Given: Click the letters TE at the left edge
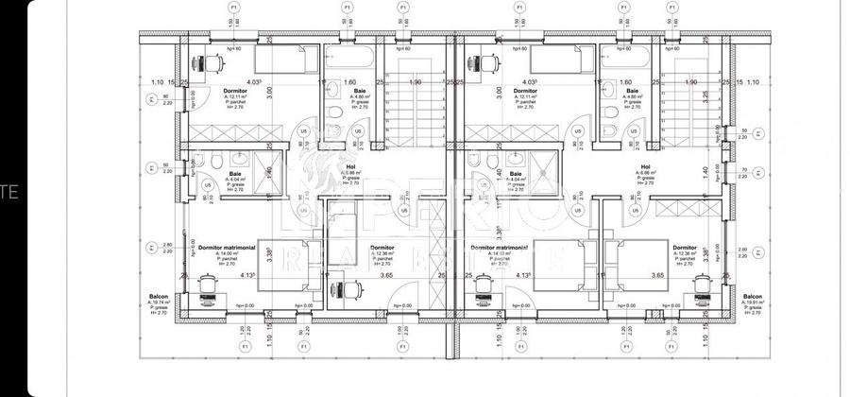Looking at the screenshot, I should (x=9, y=192).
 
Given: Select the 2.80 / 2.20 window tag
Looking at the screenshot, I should (x=167, y=250).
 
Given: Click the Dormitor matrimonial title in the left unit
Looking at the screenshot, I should (x=227, y=248).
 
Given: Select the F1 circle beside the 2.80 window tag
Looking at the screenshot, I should (x=150, y=250).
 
